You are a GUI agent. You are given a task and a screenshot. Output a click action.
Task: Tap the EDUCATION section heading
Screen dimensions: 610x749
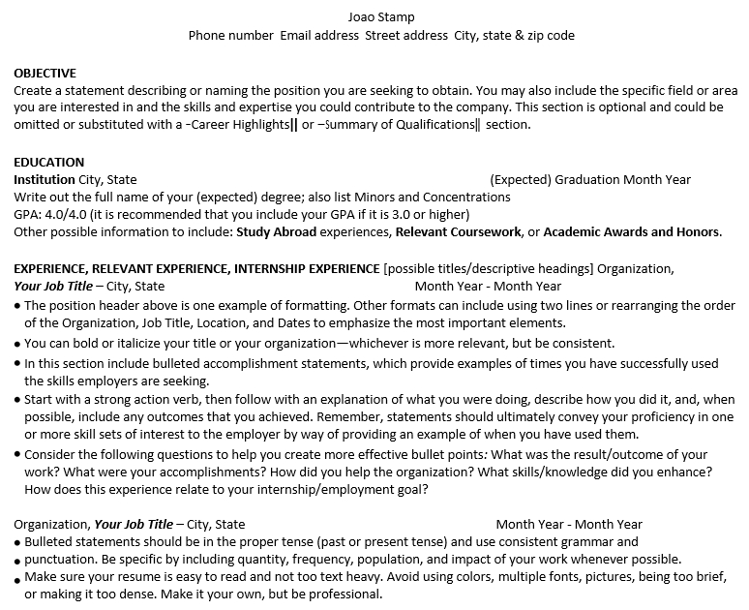click(x=48, y=162)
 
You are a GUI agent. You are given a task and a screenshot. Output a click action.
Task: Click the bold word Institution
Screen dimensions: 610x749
click(x=44, y=179)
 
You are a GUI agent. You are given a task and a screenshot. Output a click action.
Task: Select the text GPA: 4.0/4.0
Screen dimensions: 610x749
click(x=50, y=214)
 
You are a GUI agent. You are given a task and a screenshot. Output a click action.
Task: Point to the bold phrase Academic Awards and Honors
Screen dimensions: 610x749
click(x=631, y=231)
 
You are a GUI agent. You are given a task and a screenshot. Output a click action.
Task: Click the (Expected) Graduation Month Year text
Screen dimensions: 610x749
click(x=590, y=179)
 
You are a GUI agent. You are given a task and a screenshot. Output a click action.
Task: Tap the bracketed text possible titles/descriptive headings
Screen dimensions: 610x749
click(x=489, y=268)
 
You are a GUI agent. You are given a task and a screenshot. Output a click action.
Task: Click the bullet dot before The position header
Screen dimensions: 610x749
click(x=17, y=306)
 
